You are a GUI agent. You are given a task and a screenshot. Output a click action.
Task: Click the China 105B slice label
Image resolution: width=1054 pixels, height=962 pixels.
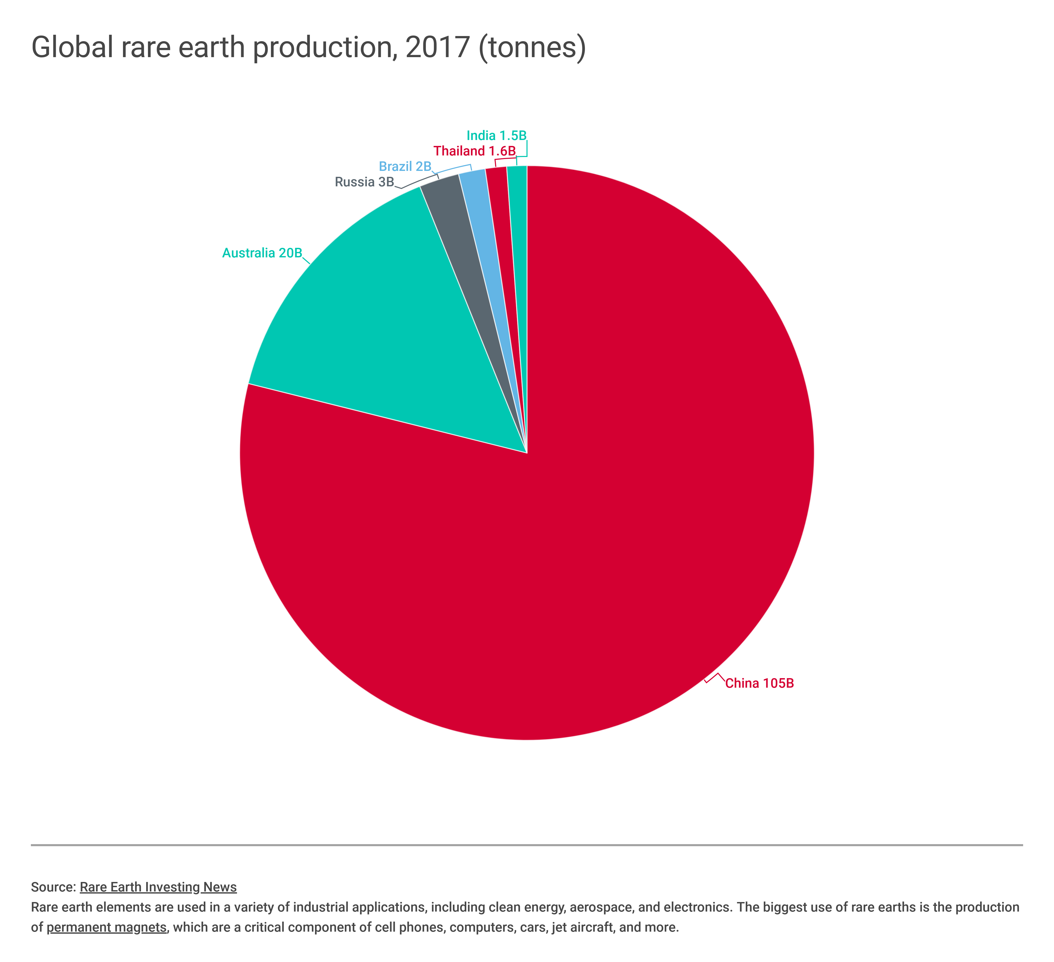point(759,683)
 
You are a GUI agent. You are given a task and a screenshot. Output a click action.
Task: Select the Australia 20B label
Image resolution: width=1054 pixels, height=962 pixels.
point(262,253)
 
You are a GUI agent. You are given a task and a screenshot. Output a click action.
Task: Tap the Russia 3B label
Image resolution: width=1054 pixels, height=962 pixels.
point(364,182)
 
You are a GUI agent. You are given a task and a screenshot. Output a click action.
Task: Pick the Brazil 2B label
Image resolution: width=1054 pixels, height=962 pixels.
point(405,166)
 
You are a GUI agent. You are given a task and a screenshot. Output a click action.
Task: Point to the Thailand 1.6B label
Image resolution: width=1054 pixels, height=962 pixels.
point(474,151)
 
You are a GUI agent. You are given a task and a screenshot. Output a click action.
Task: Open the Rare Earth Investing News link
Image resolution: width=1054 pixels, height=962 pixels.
point(158,887)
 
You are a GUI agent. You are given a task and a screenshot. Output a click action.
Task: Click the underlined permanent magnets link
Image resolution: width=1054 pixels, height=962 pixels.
point(107,928)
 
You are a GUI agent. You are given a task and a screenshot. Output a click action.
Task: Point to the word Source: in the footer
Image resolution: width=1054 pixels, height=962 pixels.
point(54,887)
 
